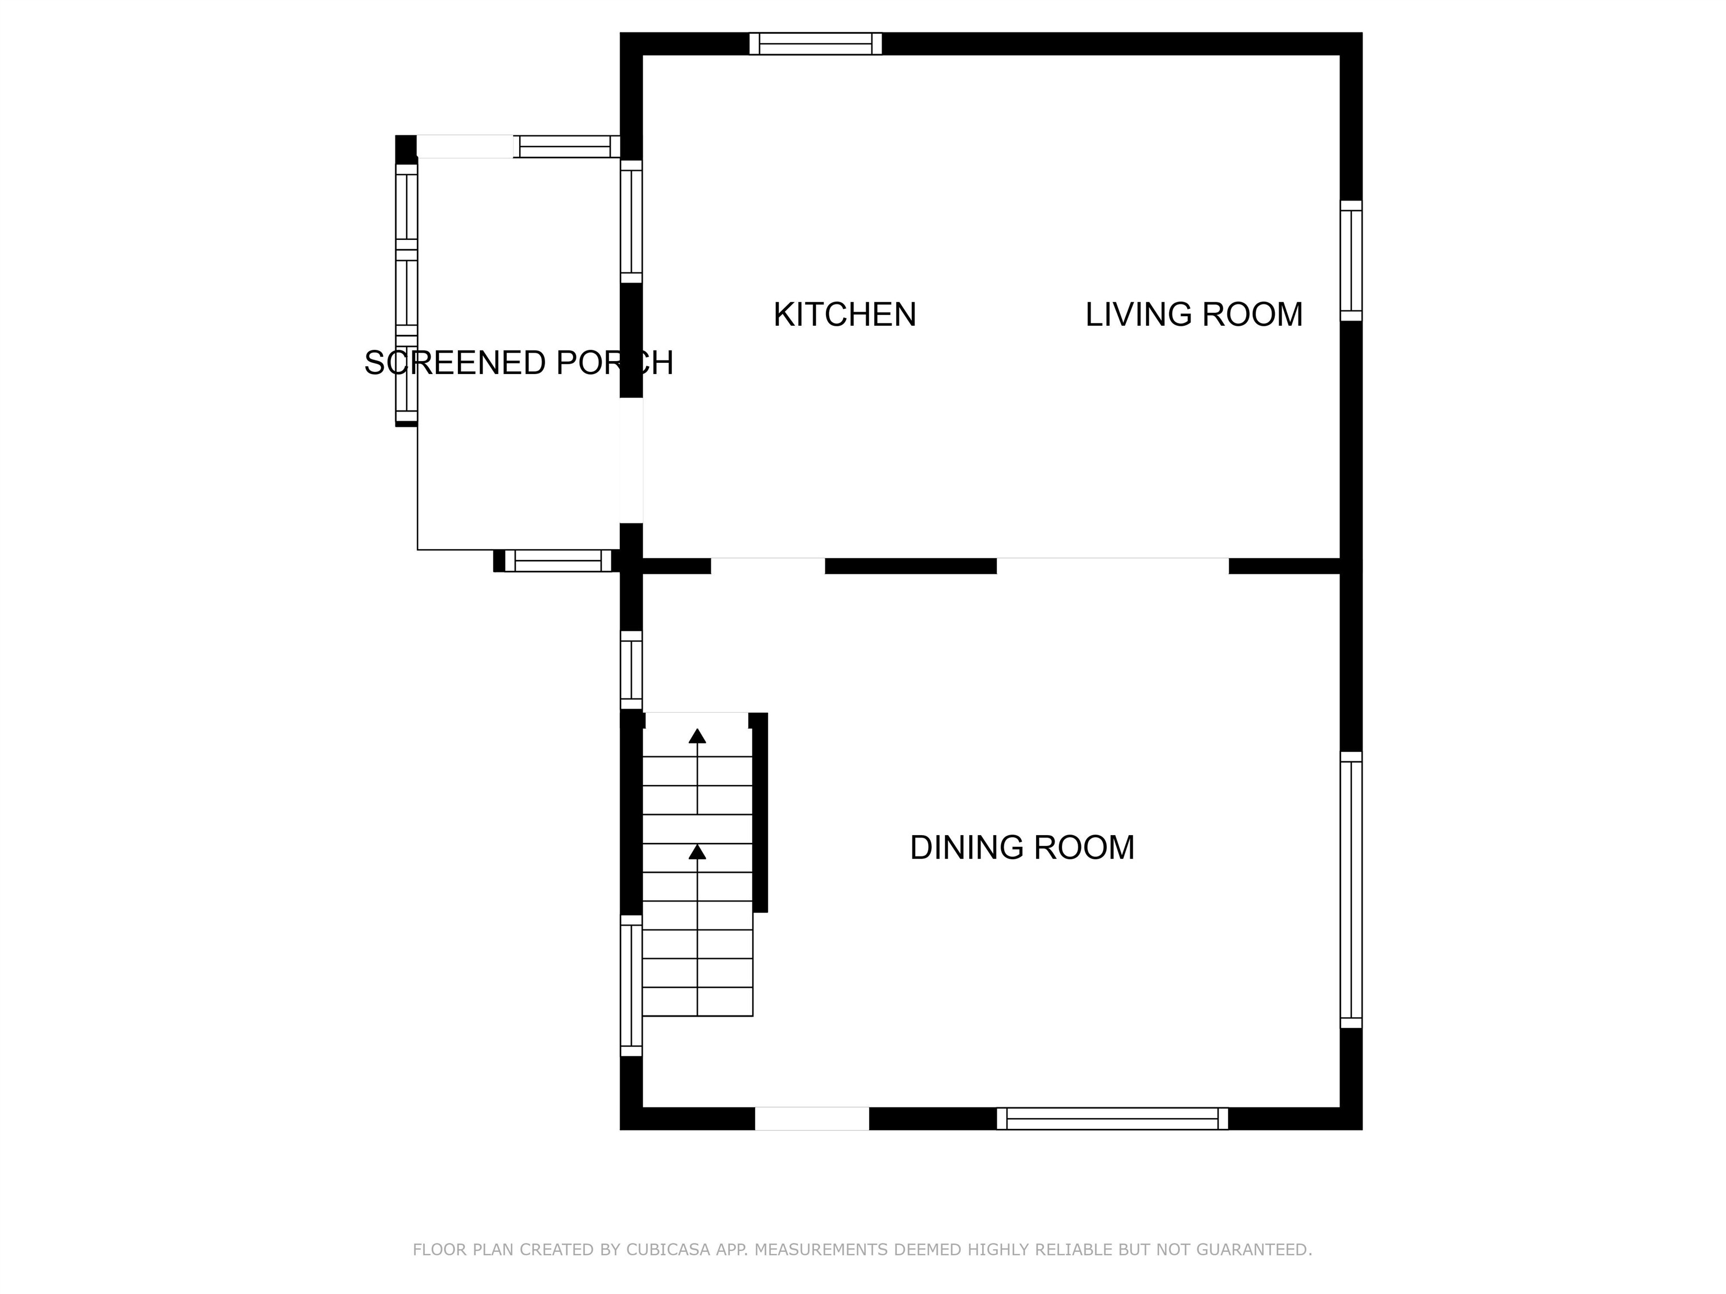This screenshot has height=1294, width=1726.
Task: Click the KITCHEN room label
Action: pos(844,315)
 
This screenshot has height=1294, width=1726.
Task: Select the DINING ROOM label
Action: pos(1021,848)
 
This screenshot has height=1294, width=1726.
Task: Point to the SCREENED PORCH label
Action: pos(518,363)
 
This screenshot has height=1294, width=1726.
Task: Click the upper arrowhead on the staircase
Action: pos(697,736)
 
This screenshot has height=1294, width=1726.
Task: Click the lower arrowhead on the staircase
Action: pos(697,853)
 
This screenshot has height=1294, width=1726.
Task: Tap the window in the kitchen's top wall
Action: pos(815,44)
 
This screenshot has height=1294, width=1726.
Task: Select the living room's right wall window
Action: pos(1351,261)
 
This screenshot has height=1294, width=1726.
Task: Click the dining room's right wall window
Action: pos(1351,890)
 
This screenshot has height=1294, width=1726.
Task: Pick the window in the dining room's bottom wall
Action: pos(1112,1119)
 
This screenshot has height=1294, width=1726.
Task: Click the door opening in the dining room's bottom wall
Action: pos(811,1119)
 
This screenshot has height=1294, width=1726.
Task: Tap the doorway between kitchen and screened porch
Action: pos(632,460)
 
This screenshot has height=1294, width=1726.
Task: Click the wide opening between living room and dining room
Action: pos(1112,566)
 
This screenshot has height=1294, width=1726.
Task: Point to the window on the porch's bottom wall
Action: pos(557,561)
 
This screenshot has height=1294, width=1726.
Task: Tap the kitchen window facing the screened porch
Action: pos(632,221)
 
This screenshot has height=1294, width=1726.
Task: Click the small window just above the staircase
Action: pos(632,670)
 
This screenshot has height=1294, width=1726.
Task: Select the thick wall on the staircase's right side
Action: pos(759,812)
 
